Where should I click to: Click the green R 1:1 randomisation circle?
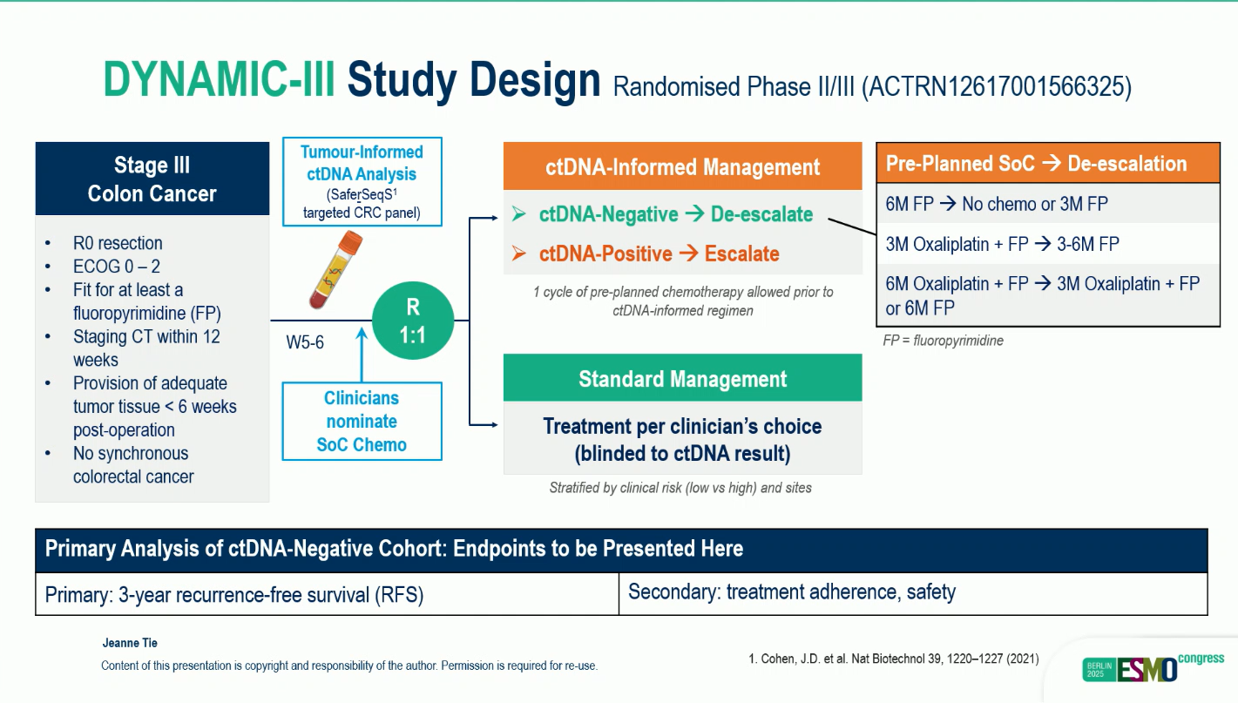412,321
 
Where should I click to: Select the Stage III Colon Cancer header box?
152,179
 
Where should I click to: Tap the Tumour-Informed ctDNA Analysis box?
362,181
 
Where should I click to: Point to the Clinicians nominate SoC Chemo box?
362,422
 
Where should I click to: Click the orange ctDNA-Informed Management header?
682,167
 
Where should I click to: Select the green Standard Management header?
682,379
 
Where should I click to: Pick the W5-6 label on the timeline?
305,342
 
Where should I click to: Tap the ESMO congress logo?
1152,668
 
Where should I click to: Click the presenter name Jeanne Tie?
130,643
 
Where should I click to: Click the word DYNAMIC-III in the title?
219,80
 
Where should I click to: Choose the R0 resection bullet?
118,243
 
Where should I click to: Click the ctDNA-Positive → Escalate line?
659,253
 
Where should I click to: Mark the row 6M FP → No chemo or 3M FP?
997,204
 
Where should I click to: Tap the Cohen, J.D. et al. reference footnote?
894,659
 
